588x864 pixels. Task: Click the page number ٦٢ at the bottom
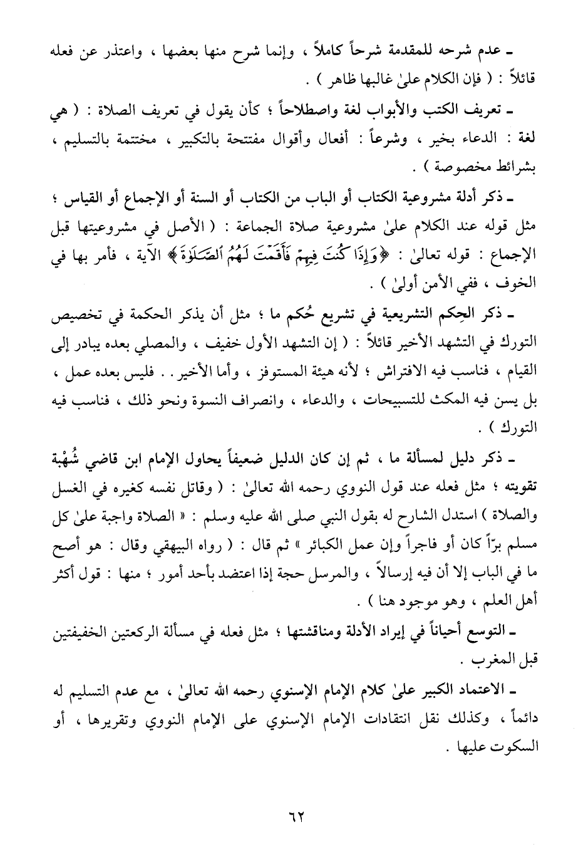coord(294,818)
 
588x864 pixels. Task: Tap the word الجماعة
coord(273,227)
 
